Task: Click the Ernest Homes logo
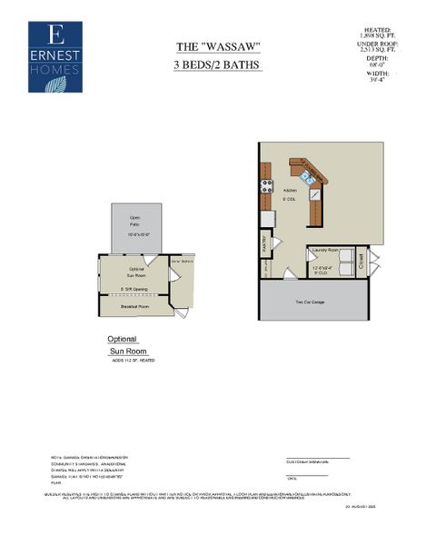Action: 54,56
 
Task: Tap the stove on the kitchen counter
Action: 268,186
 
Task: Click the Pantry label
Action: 265,243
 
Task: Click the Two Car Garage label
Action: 312,302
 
